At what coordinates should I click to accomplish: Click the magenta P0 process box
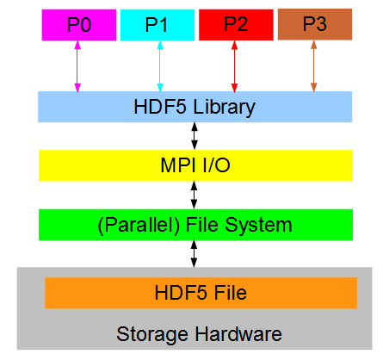[x=79, y=25]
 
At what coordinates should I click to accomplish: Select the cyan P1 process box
[x=158, y=25]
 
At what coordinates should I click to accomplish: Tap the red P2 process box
[x=236, y=25]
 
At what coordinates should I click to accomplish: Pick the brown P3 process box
[x=315, y=24]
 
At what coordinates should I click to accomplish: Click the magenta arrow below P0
[x=77, y=66]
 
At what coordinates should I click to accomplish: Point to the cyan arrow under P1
[x=160, y=66]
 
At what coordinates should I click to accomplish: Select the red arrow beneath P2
[x=234, y=66]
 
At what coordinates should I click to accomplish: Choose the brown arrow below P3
[x=314, y=66]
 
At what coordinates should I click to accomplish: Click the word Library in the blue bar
[x=224, y=108]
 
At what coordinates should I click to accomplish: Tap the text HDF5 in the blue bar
[x=160, y=107]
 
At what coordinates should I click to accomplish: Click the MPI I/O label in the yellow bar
[x=195, y=165]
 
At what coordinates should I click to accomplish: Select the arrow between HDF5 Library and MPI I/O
[x=195, y=136]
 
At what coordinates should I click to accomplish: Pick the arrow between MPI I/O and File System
[x=195, y=195]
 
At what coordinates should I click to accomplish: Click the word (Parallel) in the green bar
[x=139, y=225]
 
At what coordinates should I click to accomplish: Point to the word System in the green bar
[x=258, y=226]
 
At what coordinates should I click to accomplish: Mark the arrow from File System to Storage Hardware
[x=195, y=254]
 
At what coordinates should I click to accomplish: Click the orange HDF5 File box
[x=201, y=293]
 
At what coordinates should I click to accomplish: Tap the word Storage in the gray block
[x=152, y=335]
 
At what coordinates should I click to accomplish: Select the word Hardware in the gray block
[x=238, y=334]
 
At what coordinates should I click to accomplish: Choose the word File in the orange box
[x=231, y=293]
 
